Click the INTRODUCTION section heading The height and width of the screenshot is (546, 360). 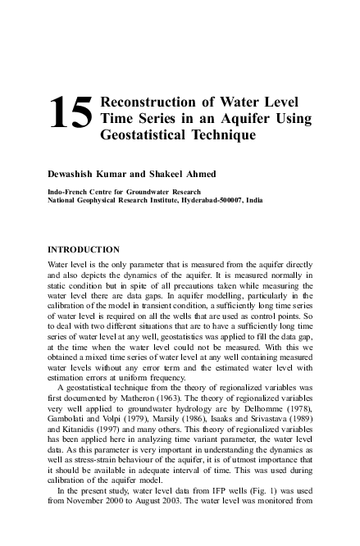click(84, 248)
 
